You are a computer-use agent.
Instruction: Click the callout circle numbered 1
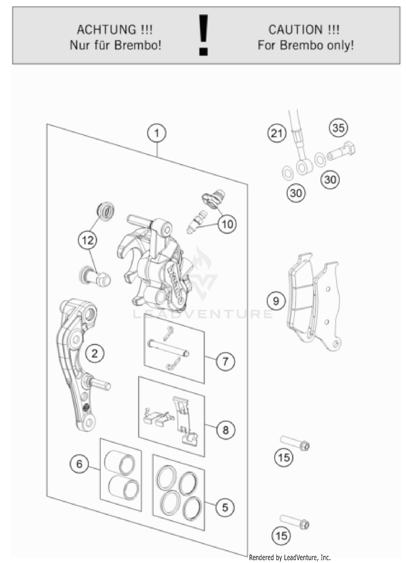(x=157, y=133)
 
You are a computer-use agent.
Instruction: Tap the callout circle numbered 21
(x=277, y=133)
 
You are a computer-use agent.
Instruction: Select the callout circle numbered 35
(x=338, y=127)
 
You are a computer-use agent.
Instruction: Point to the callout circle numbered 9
(x=276, y=301)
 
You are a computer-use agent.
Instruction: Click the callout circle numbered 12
(x=87, y=240)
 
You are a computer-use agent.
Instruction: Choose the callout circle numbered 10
(x=227, y=224)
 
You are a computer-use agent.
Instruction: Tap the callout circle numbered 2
(x=94, y=353)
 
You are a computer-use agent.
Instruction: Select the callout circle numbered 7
(x=225, y=361)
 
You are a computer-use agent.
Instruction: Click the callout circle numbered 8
(x=225, y=430)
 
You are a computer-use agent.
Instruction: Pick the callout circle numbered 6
(x=79, y=464)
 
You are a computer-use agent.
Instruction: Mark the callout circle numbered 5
(x=225, y=508)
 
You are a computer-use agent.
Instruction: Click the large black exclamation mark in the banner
(x=203, y=35)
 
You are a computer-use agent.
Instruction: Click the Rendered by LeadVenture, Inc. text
(x=290, y=557)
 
